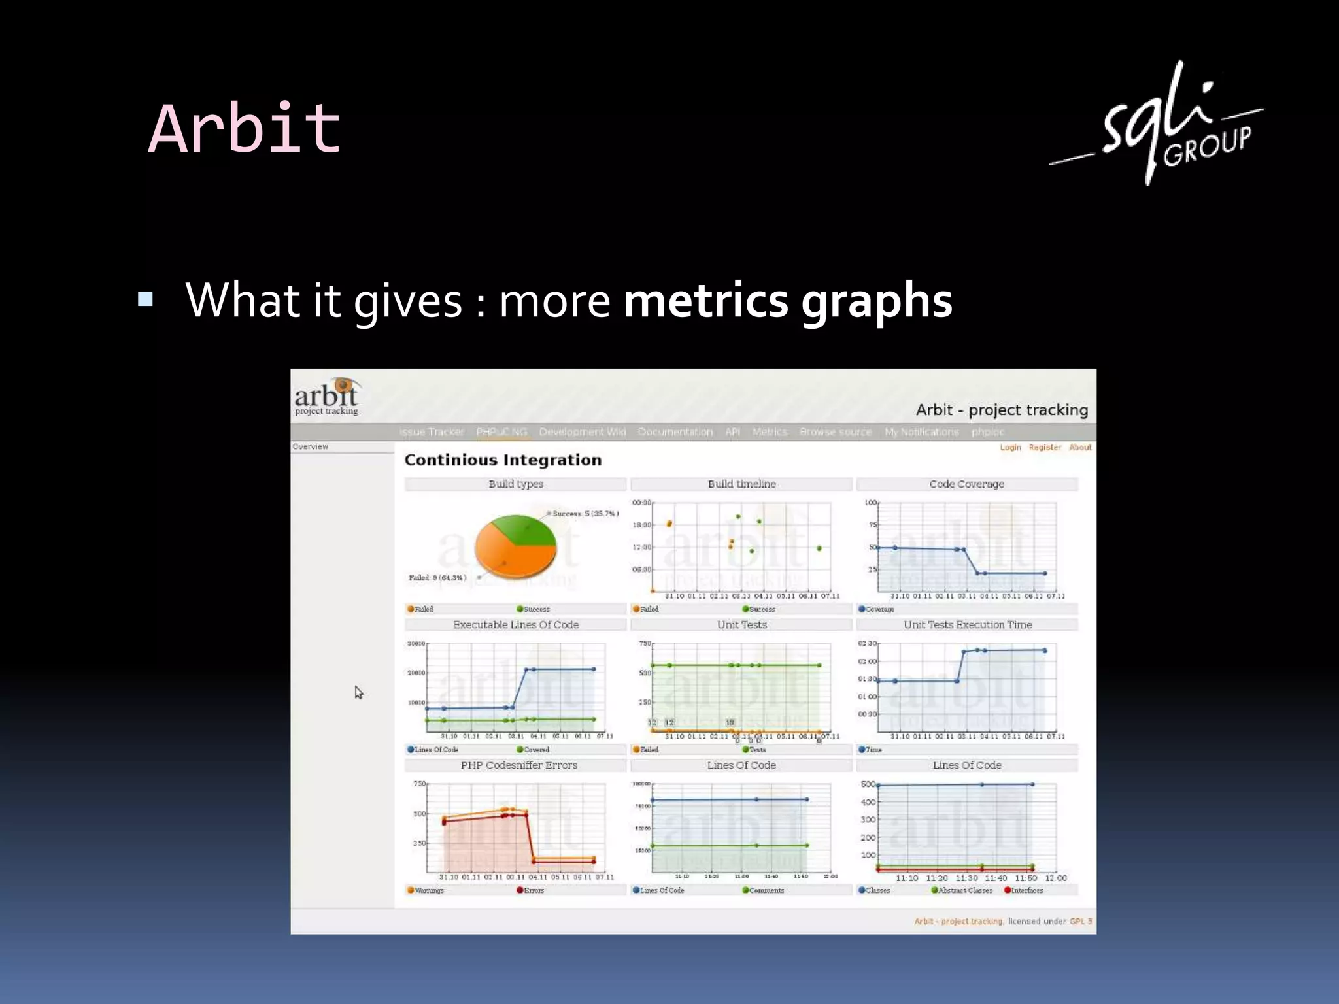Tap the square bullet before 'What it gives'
pyautogui.click(x=145, y=299)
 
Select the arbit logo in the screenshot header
pyautogui.click(x=326, y=396)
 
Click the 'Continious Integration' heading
pyautogui.click(x=503, y=460)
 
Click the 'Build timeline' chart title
pyautogui.click(x=741, y=484)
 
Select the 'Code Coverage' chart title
pyautogui.click(x=966, y=484)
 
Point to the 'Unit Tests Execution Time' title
pyautogui.click(x=968, y=625)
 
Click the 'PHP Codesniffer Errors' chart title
pyautogui.click(x=518, y=765)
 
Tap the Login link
pyautogui.click(x=1010, y=448)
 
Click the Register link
pyautogui.click(x=1045, y=448)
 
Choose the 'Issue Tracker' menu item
pyautogui.click(x=432, y=432)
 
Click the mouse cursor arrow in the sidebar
pyautogui.click(x=358, y=692)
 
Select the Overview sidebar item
pyautogui.click(x=311, y=447)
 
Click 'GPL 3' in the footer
pyautogui.click(x=1080, y=922)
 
